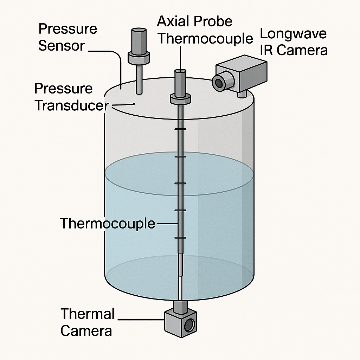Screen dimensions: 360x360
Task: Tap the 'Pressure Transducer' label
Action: tap(70, 97)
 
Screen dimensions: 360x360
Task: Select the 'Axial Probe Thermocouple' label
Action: tap(204, 30)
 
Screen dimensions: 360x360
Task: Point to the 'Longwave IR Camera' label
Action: tap(293, 42)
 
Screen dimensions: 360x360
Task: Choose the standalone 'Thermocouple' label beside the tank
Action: tap(108, 224)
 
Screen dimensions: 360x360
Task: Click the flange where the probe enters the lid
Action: tap(180, 99)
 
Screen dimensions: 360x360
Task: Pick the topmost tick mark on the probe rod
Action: tap(180, 129)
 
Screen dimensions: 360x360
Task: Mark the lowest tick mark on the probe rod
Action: tap(180, 238)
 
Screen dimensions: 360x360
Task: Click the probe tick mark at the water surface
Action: tap(180, 156)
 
